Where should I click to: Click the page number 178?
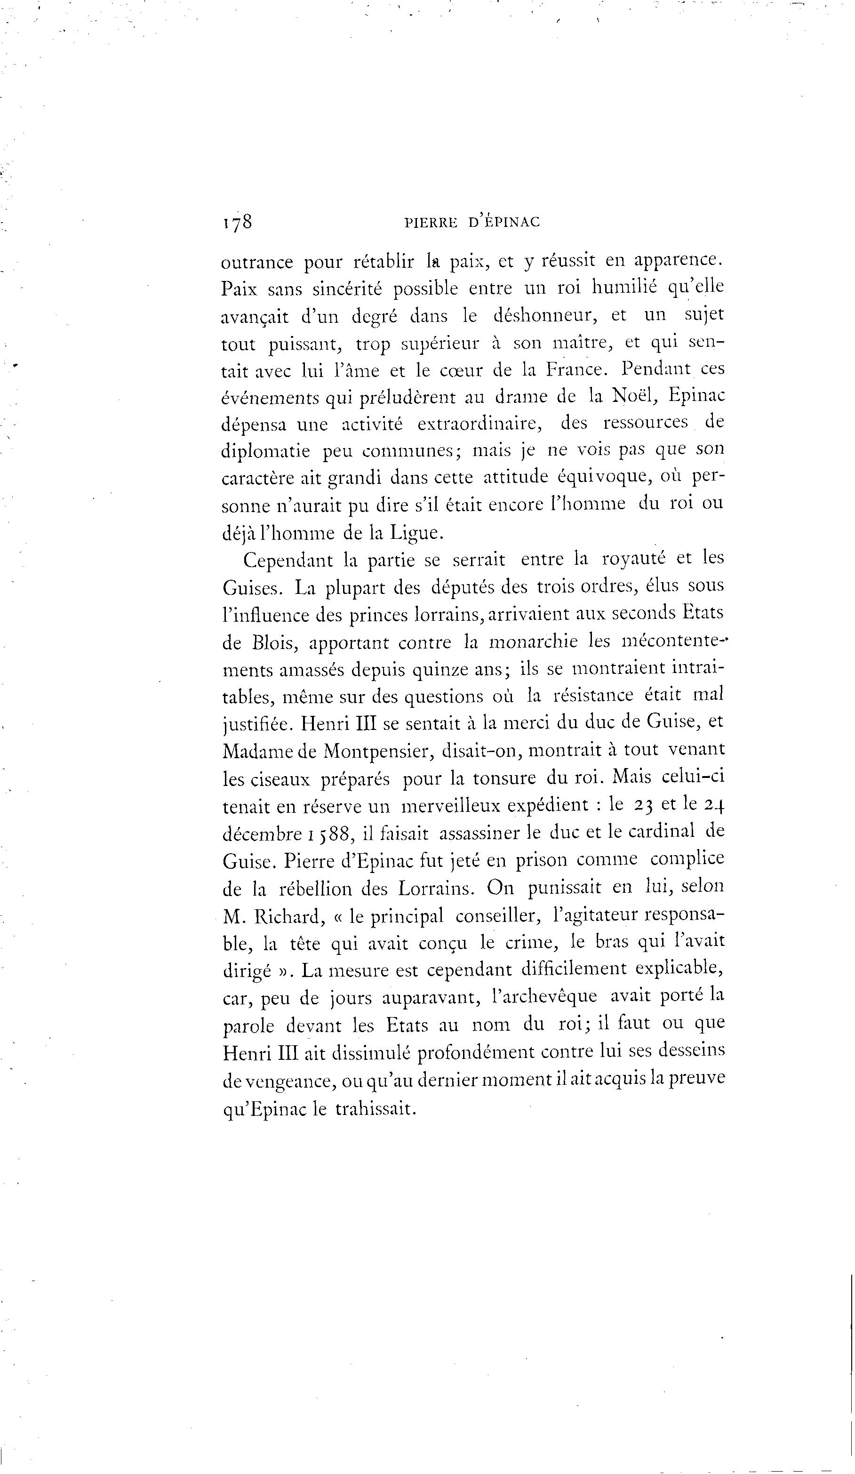coord(237,222)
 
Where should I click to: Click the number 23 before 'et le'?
coord(643,805)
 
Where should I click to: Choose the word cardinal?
coord(662,832)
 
